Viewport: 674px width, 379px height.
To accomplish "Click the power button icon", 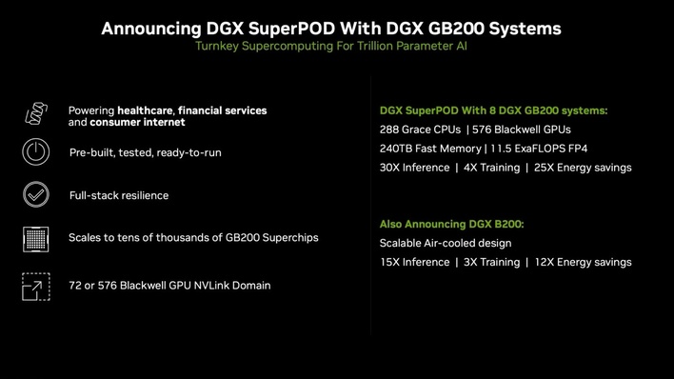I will pyautogui.click(x=35, y=152).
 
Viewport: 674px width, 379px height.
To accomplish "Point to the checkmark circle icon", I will pyautogui.click(x=35, y=195).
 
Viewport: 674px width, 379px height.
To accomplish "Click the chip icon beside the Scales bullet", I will pyautogui.click(x=35, y=238).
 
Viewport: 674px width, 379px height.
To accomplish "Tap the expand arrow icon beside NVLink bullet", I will pyautogui.click(x=35, y=285).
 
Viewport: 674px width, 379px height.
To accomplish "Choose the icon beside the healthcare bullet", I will pyautogui.click(x=35, y=115).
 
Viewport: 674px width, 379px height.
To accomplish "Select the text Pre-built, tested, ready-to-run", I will pyautogui.click(x=145, y=152).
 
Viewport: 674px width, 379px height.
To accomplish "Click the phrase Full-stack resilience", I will pyautogui.click(x=119, y=195).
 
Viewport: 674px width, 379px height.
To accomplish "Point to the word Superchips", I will pyautogui.click(x=287, y=237).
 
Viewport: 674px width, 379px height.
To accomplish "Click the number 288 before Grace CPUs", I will pyautogui.click(x=390, y=130).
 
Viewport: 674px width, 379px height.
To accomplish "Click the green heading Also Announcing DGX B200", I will pyautogui.click(x=451, y=224).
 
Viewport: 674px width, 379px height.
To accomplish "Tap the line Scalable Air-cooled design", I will pyautogui.click(x=445, y=243).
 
